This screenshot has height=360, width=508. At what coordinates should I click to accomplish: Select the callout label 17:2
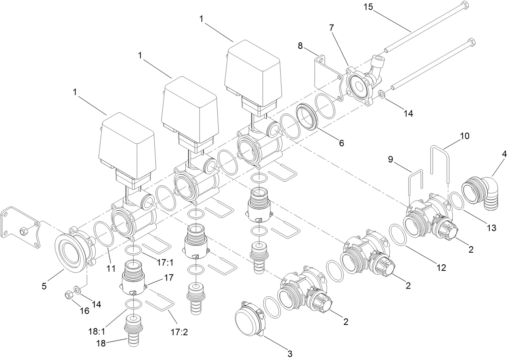pos(180,333)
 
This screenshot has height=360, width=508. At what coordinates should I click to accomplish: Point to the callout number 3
pos(289,354)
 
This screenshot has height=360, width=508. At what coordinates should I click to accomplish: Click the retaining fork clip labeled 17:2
pos(160,305)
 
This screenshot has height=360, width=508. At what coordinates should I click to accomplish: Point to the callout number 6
pos(342,143)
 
